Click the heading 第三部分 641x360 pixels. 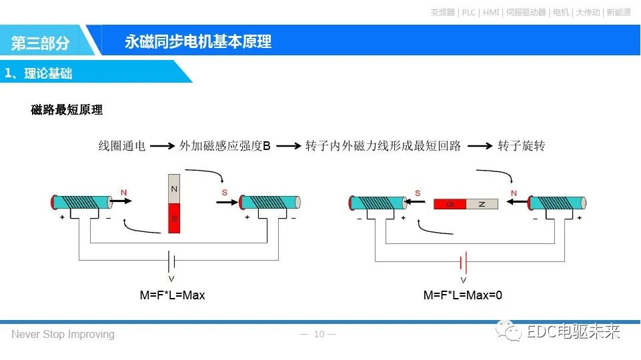[x=41, y=43]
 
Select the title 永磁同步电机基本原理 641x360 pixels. [x=198, y=42]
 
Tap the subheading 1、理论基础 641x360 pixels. [x=39, y=73]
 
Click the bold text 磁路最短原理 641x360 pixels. [x=67, y=110]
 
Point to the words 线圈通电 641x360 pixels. [x=122, y=146]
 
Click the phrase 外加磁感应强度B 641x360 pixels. [x=225, y=146]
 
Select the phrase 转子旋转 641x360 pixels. [x=521, y=146]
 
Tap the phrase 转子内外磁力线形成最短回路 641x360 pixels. [x=384, y=146]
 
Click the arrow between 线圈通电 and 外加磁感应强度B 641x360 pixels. [x=162, y=146]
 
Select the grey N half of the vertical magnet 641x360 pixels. [x=174, y=189]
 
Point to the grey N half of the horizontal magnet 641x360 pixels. [x=481, y=204]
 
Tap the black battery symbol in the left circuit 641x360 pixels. [x=171, y=261]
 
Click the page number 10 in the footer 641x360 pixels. [x=319, y=334]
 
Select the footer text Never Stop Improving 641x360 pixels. [x=63, y=334]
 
